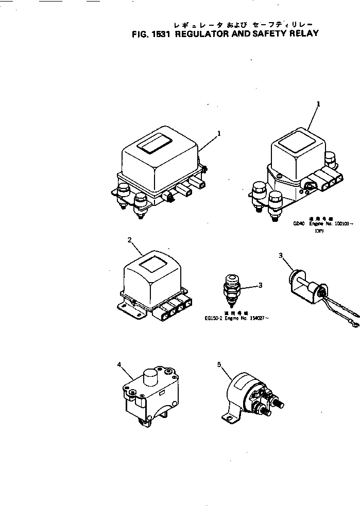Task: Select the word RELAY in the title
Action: click(x=303, y=34)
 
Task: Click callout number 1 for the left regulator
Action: click(x=219, y=133)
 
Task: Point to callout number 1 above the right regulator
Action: click(x=318, y=104)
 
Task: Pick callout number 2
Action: click(x=129, y=240)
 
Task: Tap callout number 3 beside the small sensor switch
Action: click(x=260, y=285)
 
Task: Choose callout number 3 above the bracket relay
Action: click(x=281, y=255)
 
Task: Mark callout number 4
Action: click(x=119, y=365)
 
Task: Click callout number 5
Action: click(x=219, y=364)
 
